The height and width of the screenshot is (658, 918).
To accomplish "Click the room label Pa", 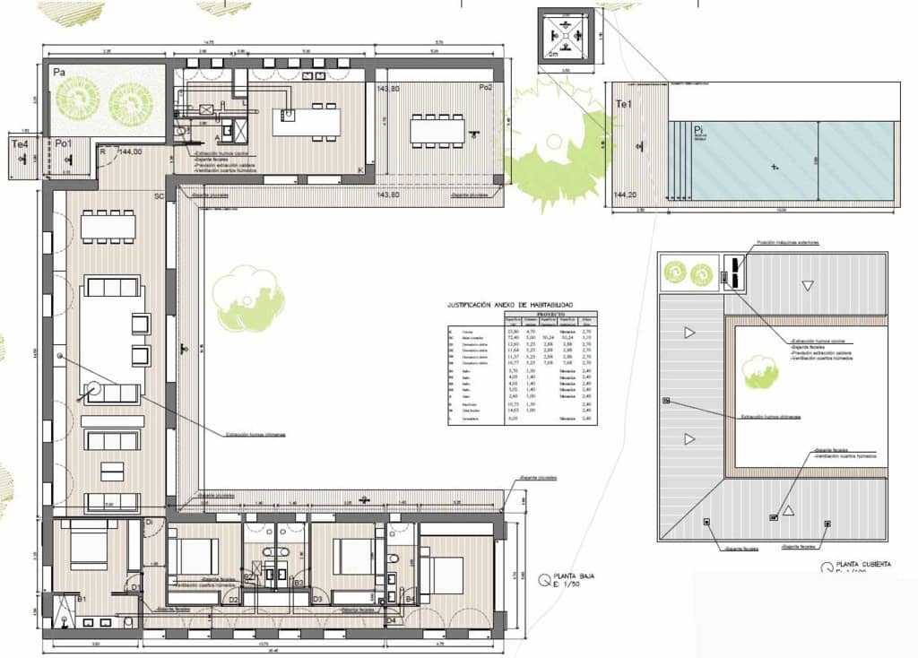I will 60,71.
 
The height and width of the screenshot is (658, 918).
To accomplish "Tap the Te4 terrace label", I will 17,143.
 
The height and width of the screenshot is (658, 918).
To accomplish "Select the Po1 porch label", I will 64,143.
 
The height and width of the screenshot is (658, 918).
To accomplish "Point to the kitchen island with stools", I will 306,121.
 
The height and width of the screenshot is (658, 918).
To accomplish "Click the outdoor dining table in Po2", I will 437,132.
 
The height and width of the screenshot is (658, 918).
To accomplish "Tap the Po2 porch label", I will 485,87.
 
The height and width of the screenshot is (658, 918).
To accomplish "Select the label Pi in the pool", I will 698,131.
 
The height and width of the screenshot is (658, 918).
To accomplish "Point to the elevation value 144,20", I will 625,194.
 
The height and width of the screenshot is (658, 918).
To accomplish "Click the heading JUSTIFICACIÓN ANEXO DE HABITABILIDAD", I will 510,305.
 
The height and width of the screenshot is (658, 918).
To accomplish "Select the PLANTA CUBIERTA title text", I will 864,565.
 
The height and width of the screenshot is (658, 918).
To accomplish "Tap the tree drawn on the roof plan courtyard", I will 760,371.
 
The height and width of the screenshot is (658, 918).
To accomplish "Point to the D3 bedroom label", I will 317,598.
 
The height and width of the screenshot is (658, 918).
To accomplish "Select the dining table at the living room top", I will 108,226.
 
